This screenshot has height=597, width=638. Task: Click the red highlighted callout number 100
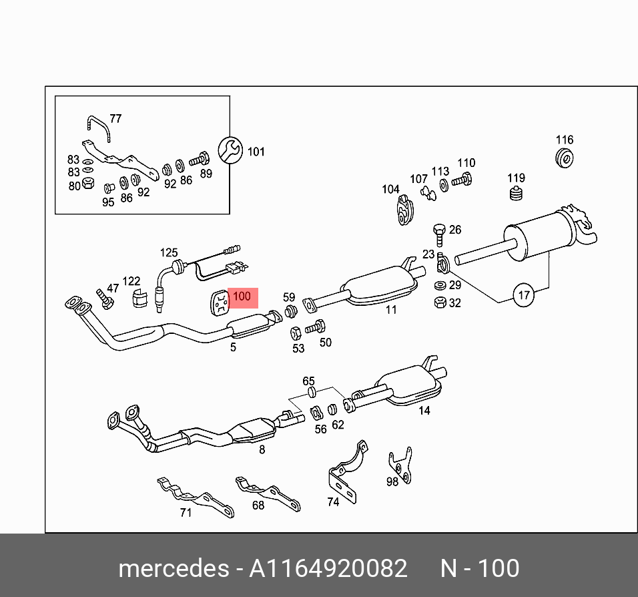242,296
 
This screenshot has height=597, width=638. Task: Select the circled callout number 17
525,294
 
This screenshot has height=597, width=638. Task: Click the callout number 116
565,140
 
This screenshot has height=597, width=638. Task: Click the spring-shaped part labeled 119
516,194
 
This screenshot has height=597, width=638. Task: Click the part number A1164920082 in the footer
328,568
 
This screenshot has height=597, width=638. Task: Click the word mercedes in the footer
173,568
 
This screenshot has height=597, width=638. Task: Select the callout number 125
169,252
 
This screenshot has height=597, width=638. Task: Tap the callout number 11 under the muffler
391,309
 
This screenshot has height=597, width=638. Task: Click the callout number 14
424,411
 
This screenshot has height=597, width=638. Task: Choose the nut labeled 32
439,303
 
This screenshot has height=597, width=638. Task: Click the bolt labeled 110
462,179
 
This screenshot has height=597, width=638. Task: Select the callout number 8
262,450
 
